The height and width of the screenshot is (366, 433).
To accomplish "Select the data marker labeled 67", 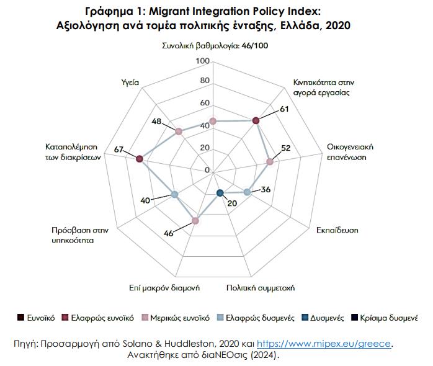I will pos(140,159).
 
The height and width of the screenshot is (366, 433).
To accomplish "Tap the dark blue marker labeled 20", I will pos(220,193).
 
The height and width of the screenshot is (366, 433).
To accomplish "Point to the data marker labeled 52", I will pos(269,162).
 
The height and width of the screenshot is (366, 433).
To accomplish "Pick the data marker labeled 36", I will pos(247,192).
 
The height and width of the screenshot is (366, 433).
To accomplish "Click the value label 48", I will pos(158,122).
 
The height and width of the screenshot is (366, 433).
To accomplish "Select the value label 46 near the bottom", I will pos(168,233).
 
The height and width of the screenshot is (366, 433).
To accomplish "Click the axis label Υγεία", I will pos(131,82).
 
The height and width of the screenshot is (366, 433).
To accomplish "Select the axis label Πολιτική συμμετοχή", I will pos(260,288).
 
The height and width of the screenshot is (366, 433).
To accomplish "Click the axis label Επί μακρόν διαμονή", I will pos(164,288).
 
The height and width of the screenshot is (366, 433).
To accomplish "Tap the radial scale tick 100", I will pos(202,61).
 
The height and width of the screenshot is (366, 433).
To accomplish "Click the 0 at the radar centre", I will pos(208,170).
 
